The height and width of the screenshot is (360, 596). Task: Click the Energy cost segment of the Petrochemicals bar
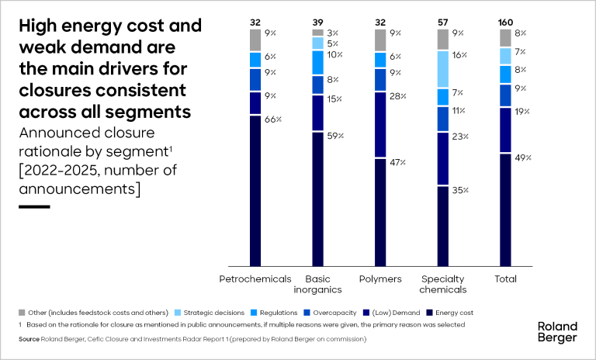(255, 190)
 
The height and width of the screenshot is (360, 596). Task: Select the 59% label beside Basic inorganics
(335, 136)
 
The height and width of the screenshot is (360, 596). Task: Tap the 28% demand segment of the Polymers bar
(380, 124)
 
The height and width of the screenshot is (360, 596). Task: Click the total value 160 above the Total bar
(505, 22)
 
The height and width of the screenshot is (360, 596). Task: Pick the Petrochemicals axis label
(255, 279)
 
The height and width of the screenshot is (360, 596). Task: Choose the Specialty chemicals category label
(442, 284)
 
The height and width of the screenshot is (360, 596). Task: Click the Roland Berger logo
(557, 331)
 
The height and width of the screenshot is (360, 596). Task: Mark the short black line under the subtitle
(33, 206)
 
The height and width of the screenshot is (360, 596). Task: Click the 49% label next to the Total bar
(523, 157)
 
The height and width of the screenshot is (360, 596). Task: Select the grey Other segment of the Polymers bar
(380, 40)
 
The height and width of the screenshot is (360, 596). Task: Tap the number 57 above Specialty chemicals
(442, 22)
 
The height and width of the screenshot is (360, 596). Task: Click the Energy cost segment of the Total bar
(505, 209)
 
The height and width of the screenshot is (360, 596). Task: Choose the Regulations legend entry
(278, 312)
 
